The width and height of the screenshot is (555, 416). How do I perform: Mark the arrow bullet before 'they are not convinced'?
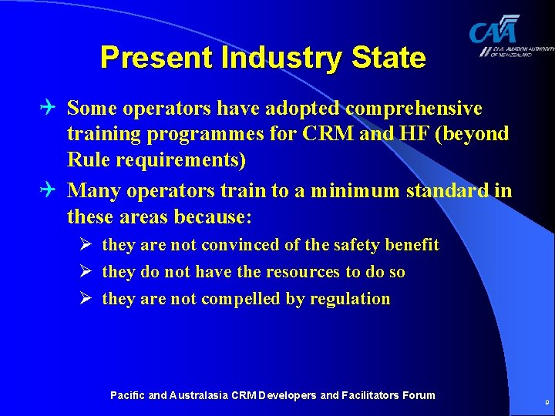(87, 245)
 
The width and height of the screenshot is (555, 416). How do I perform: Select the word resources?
(300, 272)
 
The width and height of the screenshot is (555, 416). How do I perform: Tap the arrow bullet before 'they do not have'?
(87, 272)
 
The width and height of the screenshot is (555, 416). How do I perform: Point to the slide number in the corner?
(547, 402)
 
